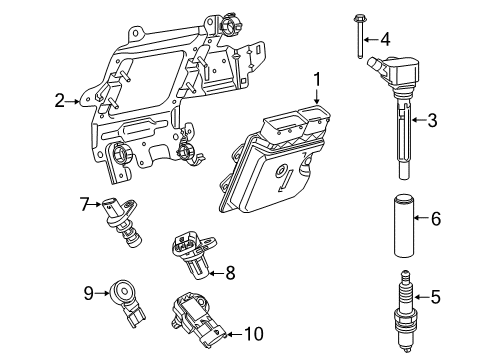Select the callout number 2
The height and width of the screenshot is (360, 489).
pyautogui.click(x=59, y=100)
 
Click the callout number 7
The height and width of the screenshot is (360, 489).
pyautogui.click(x=85, y=204)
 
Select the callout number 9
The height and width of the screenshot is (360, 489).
pyautogui.click(x=88, y=293)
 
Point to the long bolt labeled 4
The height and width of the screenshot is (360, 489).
pyautogui.click(x=356, y=38)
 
